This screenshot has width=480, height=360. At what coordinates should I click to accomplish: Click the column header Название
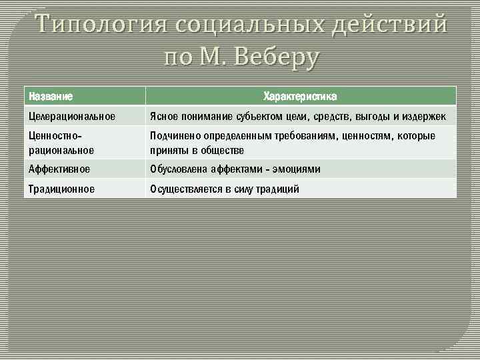click(51, 97)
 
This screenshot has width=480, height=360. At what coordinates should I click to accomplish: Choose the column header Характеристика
click(300, 97)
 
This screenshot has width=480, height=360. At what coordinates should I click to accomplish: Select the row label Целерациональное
click(72, 117)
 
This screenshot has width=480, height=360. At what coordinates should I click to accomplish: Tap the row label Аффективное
click(59, 169)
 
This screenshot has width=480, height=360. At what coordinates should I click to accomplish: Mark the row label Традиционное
click(61, 189)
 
